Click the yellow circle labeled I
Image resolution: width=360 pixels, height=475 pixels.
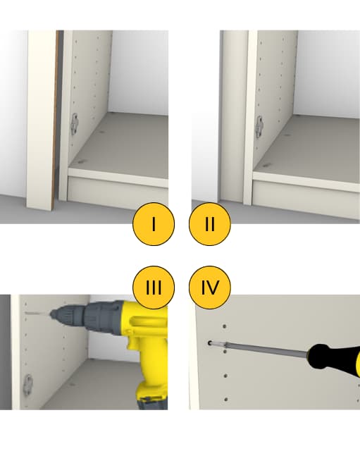click(154, 224)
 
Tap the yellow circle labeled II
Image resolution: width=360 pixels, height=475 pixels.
click(210, 224)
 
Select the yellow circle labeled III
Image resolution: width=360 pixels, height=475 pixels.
click(154, 287)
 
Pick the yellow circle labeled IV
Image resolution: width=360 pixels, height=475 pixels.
click(210, 287)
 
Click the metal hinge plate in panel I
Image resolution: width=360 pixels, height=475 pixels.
click(75, 123)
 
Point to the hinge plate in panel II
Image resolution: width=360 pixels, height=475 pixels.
click(259, 126)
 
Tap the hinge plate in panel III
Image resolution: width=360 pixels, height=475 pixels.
click(28, 384)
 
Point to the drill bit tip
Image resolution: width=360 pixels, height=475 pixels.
click(26, 313)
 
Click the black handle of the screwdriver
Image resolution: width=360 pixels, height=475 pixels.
click(333, 357)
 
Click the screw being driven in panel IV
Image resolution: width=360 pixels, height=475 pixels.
click(210, 343)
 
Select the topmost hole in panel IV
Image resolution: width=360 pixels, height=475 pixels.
click(224, 326)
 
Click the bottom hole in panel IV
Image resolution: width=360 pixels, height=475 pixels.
click(226, 400)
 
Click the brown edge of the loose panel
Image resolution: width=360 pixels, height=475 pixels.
click(54, 118)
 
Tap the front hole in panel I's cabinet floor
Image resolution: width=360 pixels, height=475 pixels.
click(80, 161)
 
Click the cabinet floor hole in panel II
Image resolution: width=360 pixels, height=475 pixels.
click(266, 165)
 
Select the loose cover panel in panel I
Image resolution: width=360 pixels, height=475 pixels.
click(42, 118)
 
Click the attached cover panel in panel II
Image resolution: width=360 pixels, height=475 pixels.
click(234, 116)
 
